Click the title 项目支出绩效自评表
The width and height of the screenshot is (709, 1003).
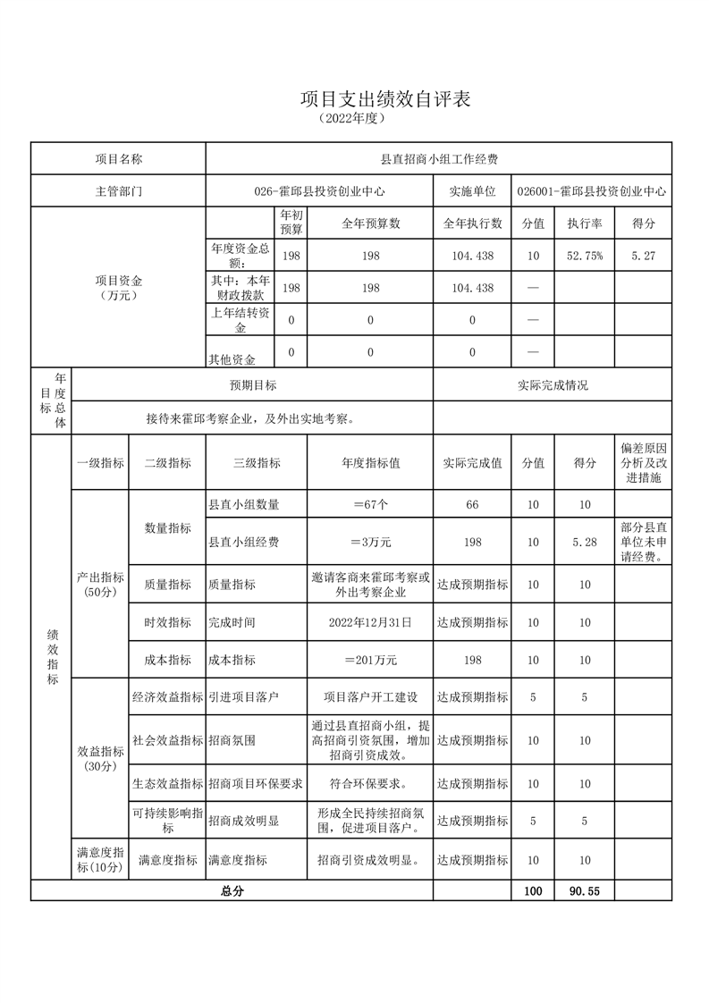384,99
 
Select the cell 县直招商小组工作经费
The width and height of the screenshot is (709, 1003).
439,159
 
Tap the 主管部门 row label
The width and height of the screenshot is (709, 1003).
119,191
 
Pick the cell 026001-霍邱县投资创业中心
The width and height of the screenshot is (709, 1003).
593,191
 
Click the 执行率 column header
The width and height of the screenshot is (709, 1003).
585,223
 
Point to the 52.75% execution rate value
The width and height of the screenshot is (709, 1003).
585,256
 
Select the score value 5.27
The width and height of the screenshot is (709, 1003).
643,256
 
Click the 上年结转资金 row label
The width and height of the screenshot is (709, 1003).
240,320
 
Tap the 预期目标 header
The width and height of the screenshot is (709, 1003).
253,385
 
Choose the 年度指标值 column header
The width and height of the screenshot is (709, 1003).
370,463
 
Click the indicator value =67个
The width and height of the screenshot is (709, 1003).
370,504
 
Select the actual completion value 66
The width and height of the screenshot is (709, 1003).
472,505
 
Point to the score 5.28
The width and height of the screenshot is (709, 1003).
585,542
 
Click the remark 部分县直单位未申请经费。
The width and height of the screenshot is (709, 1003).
643,542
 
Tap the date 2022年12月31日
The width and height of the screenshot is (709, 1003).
370,622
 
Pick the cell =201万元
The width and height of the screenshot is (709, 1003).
370,660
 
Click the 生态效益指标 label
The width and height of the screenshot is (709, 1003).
167,784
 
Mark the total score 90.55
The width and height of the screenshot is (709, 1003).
585,891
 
